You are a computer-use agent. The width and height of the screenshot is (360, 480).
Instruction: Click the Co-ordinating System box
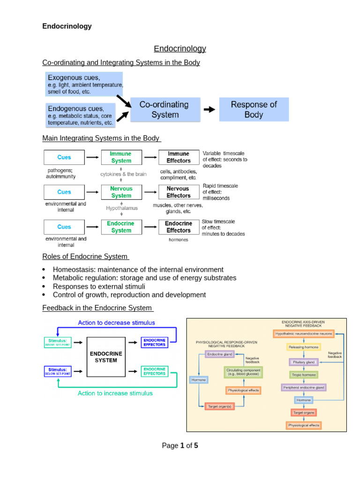click(165, 110)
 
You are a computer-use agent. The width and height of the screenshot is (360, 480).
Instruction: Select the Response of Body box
click(254, 110)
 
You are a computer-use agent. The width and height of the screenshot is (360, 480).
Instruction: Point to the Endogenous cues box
click(81, 115)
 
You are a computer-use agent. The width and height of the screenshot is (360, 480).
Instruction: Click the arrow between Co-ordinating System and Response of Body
click(210, 110)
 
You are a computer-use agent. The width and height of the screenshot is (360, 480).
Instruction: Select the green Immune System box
click(121, 157)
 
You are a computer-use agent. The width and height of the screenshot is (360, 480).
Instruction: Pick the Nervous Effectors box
click(178, 192)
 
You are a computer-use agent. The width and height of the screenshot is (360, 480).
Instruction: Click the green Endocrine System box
click(121, 227)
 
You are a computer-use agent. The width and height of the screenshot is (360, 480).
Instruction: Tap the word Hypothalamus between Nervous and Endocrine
click(122, 208)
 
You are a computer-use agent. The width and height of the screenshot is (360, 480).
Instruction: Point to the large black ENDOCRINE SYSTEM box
click(107, 357)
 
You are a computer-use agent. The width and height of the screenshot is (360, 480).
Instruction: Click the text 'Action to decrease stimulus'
click(116, 322)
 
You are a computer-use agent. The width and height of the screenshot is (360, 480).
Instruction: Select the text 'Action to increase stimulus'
click(115, 393)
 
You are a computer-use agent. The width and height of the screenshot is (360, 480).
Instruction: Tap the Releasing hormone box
click(303, 347)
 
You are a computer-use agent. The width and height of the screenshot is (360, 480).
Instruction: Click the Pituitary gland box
click(303, 362)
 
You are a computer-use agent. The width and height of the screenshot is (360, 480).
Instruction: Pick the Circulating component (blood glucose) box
click(243, 373)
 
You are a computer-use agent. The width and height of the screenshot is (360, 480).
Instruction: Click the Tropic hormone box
click(303, 375)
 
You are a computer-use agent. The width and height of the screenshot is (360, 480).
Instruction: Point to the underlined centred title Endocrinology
click(180, 49)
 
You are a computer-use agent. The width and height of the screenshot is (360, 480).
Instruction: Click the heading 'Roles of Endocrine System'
click(85, 256)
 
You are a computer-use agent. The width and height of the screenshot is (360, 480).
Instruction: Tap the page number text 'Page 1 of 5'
click(180, 446)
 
